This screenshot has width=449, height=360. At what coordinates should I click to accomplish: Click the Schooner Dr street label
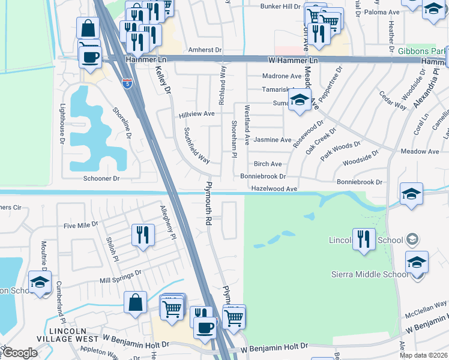click(x=101, y=179)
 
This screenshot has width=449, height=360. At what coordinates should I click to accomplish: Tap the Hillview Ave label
click(x=196, y=113)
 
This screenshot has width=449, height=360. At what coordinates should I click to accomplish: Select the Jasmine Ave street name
click(x=273, y=140)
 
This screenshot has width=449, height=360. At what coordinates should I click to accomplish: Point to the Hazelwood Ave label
click(x=274, y=189)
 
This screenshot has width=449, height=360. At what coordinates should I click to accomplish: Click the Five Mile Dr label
click(x=80, y=226)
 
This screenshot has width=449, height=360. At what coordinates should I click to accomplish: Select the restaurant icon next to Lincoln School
click(x=364, y=238)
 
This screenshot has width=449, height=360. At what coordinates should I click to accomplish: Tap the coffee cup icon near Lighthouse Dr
click(x=91, y=57)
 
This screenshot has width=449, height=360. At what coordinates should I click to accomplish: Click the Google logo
click(x=19, y=353)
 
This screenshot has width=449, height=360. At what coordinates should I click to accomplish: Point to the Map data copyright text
click(x=423, y=355)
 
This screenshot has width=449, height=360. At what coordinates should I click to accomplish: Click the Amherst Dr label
click(x=205, y=50)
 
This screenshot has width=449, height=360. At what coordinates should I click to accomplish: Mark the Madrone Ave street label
click(x=282, y=76)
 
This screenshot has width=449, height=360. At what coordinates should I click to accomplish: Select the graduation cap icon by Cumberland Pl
click(x=40, y=282)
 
